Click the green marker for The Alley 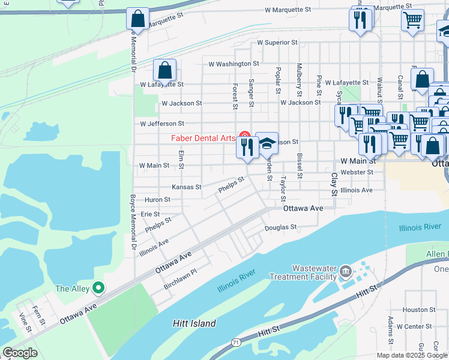(98, 289)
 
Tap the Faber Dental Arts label (203, 138)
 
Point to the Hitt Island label (194, 323)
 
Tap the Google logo (20, 353)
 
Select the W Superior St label (277, 43)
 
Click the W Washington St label (234, 63)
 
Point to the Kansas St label (186, 187)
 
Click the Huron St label (157, 200)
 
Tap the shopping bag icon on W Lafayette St (165, 71)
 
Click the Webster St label (357, 172)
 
